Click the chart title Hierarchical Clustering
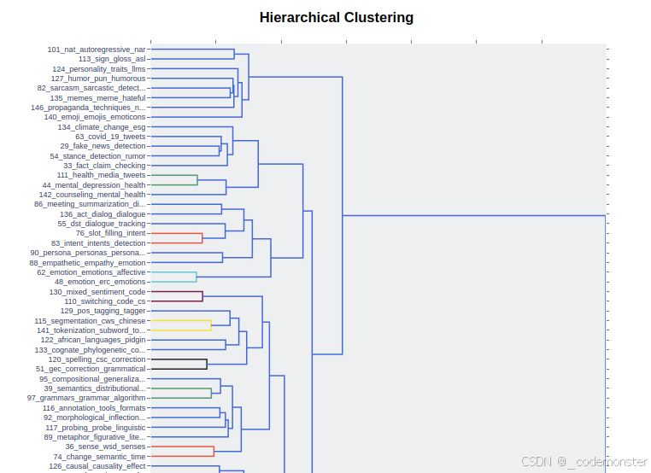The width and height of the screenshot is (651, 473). coord(336,18)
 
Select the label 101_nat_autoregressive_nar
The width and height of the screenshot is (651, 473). coord(97,50)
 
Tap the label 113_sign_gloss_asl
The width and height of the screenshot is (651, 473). coord(112,59)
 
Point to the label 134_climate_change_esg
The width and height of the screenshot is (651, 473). coord(102,127)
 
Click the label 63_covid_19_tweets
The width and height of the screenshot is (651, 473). coord(110,137)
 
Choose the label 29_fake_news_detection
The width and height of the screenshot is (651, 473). coord(103,146)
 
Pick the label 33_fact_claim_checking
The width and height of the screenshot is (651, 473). coord(104,166)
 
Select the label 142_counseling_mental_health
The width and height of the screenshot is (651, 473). coord(92,195)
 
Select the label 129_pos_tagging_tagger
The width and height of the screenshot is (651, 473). coord(103,311)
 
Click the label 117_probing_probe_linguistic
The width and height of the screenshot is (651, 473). coord(95,427)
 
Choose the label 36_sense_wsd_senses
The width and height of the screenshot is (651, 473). coord(105,447)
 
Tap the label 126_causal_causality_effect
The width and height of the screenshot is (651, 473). coord(97,466)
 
